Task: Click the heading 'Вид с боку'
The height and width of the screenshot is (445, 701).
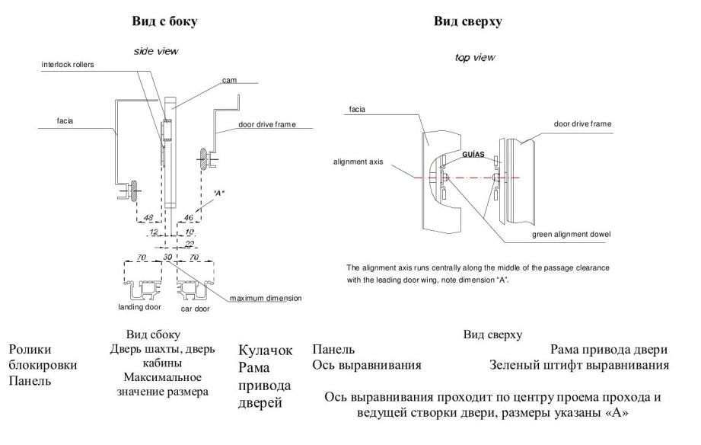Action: coord(164,21)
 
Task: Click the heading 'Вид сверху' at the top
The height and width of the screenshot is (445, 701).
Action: coord(468,21)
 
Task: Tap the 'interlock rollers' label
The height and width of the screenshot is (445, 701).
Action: coord(68,65)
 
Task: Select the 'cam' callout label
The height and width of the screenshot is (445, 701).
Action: coord(229,81)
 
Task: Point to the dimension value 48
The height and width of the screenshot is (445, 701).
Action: coord(148,218)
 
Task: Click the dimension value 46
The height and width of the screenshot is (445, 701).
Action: coord(189,218)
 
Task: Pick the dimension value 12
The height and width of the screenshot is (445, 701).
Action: coord(154,232)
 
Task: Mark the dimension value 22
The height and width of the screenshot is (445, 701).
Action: coord(190,244)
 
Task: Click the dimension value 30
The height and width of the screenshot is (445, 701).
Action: coord(167,257)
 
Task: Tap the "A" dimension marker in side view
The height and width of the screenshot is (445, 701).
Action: coord(218,194)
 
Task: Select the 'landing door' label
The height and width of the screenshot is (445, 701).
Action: coord(139,307)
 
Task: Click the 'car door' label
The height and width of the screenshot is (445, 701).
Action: coord(195,309)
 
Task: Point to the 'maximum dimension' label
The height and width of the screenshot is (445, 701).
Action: coord(266,298)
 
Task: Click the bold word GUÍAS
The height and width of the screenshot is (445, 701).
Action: coord(473,155)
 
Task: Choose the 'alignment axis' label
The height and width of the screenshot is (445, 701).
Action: coord(358,162)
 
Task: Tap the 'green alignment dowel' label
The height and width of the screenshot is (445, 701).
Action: coord(571,235)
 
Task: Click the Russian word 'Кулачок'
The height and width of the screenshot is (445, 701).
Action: coord(266,350)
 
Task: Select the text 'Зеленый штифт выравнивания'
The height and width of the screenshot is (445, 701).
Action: coord(579,365)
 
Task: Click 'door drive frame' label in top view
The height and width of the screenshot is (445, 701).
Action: coord(582,124)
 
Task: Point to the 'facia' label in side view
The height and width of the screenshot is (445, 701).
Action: coord(65,121)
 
